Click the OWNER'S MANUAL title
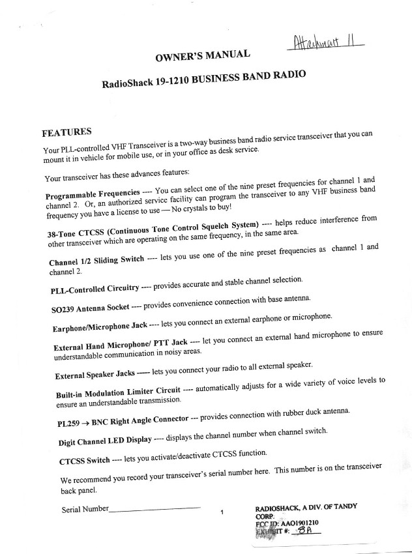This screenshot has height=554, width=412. pyautogui.click(x=202, y=58)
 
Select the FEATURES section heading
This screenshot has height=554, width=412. pyautogui.click(x=66, y=132)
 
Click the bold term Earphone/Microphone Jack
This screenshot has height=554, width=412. pyautogui.click(x=100, y=326)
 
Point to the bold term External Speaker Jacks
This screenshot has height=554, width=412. pyautogui.click(x=95, y=376)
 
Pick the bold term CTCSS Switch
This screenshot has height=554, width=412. pyautogui.click(x=84, y=461)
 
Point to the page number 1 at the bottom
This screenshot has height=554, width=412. pyautogui.click(x=222, y=513)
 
